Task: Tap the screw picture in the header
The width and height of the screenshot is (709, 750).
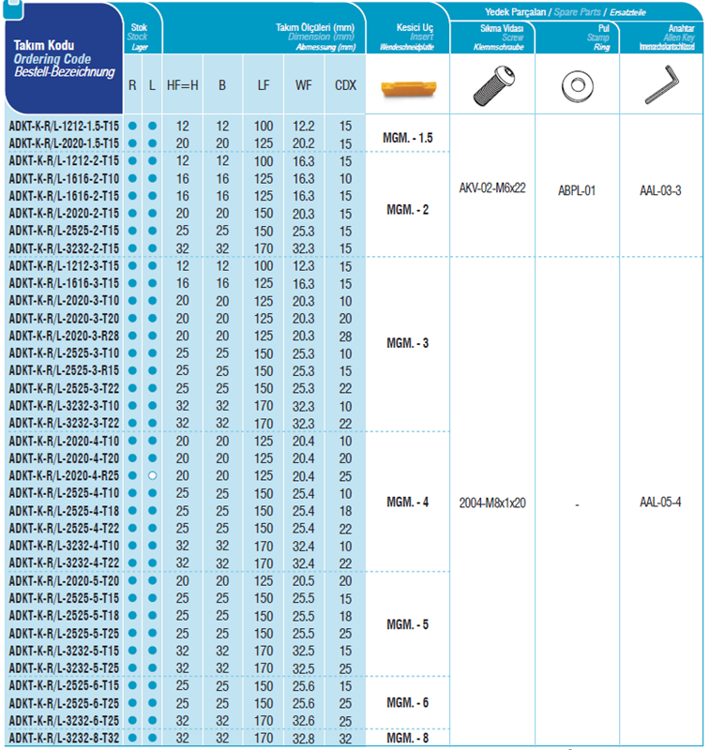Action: point(492,87)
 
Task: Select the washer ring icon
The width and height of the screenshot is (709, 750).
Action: point(577,87)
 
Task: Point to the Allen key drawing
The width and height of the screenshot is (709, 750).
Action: point(661,87)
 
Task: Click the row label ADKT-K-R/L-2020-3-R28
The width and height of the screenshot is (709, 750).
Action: point(64,336)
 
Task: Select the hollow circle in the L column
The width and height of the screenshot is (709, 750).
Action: point(152,475)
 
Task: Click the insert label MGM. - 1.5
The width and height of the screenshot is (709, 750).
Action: point(408,138)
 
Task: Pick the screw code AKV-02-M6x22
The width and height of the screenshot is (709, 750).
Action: point(492,187)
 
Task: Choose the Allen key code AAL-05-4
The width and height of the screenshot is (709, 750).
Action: point(660,502)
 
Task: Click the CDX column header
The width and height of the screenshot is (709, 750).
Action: point(345,85)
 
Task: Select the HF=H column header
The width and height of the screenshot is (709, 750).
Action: point(183,85)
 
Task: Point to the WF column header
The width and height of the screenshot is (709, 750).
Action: point(304,85)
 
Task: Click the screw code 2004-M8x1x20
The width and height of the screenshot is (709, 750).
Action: point(492,502)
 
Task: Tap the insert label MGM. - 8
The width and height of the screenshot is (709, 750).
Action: point(408,739)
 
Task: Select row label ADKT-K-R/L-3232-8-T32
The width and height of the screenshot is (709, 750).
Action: point(64,739)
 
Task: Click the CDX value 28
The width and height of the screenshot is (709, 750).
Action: point(346,336)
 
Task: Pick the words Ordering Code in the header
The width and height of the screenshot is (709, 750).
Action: point(52,59)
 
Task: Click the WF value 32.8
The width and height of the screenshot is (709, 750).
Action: point(304,739)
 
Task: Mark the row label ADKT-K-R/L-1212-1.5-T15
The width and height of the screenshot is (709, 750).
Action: point(64,126)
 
